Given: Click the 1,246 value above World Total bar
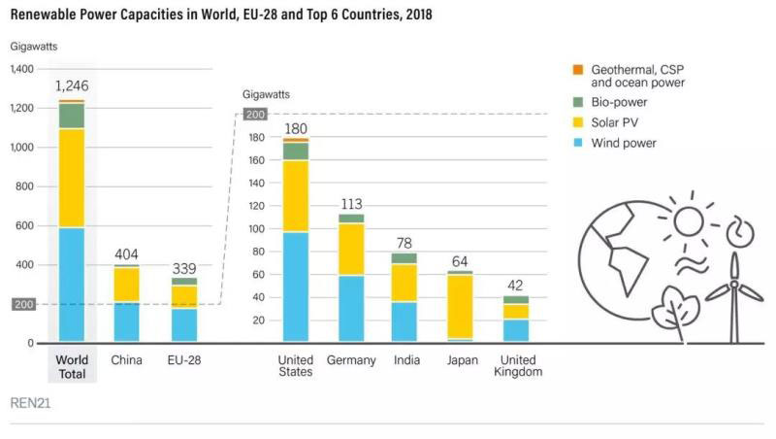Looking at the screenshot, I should click(x=71, y=85).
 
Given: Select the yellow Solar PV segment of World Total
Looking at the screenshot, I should click(x=71, y=178).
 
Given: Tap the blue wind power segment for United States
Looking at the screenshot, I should click(x=296, y=287).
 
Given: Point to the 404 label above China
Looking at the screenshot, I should click(x=126, y=254).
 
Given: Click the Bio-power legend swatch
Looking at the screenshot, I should click(x=578, y=102).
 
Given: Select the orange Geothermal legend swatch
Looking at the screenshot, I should click(x=578, y=69).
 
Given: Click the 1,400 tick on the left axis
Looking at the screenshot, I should click(x=21, y=69).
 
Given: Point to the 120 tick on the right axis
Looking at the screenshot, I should click(x=256, y=206).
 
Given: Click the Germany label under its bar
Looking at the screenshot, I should click(x=351, y=359).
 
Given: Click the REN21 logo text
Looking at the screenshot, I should click(x=30, y=402).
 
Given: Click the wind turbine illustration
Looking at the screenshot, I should click(x=734, y=282).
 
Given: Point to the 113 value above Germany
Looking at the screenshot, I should click(x=351, y=204).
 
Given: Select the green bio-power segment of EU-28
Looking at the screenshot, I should click(x=182, y=281).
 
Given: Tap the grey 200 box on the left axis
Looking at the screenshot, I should click(x=22, y=304).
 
